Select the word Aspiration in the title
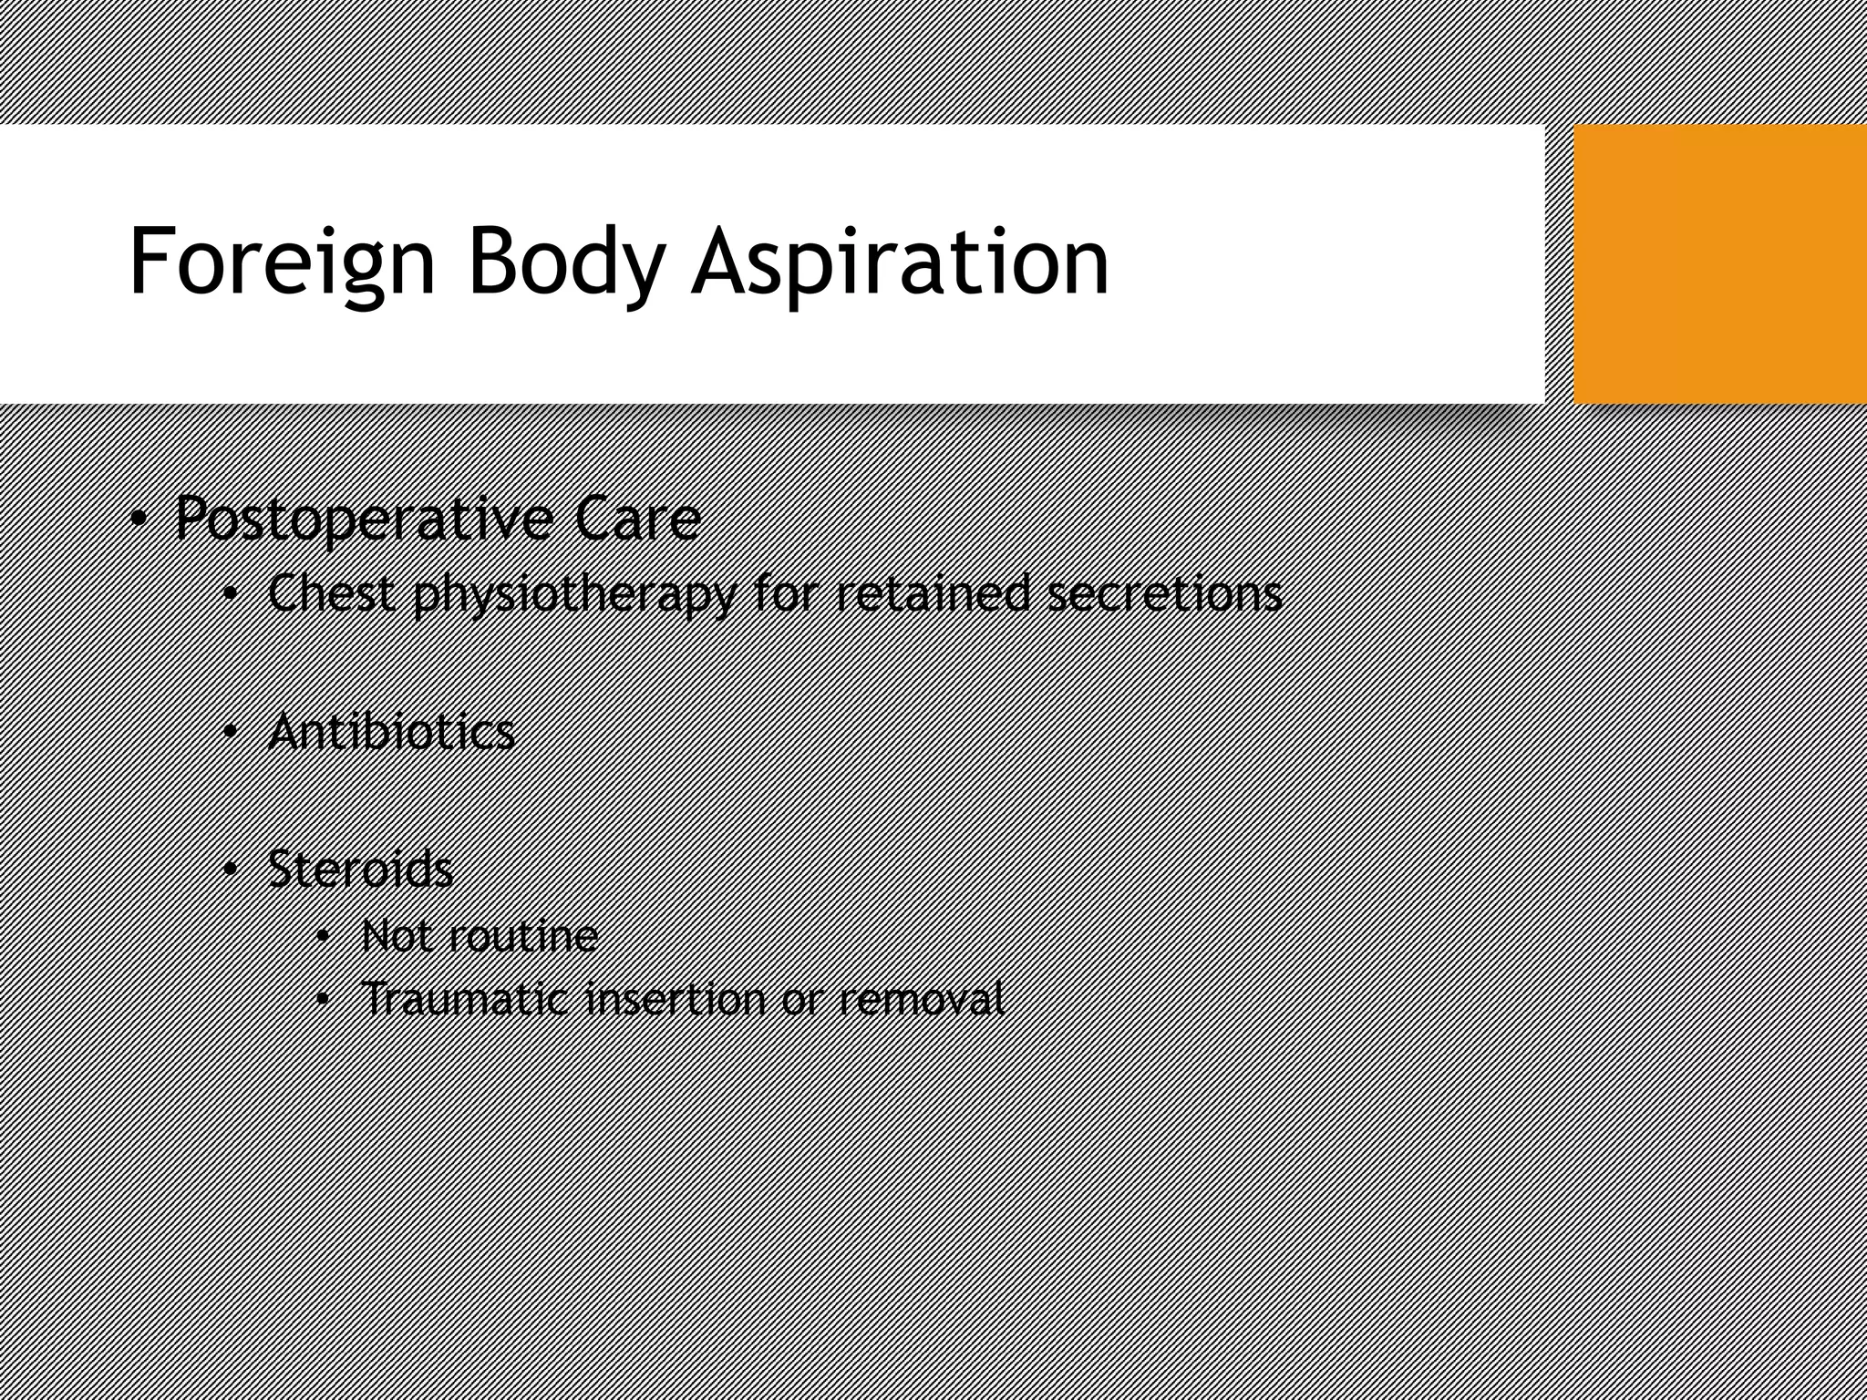coord(901,262)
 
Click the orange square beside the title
coord(1719,264)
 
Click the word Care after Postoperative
coord(637,518)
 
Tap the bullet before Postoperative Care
coord(138,520)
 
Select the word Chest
coord(332,593)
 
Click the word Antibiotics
coord(392,732)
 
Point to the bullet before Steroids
coord(231,870)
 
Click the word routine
coord(530,936)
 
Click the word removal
coord(920,999)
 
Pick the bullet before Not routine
coord(323,937)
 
